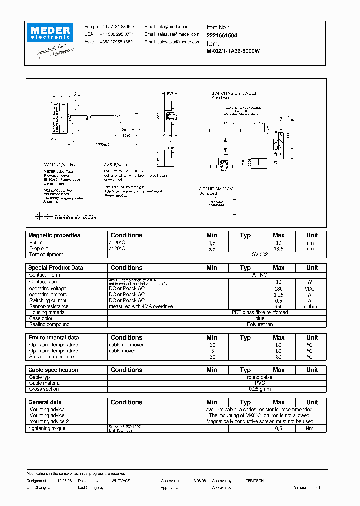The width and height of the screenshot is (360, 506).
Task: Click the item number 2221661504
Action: tap(222, 35)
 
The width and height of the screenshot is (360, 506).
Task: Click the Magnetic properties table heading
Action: tap(54, 235)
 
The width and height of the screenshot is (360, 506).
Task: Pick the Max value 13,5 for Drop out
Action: tap(279, 248)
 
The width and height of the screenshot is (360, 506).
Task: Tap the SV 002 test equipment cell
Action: tap(260, 255)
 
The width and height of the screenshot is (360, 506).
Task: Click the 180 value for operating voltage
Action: tap(279, 289)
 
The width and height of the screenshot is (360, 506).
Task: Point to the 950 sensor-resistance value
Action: tap(279, 307)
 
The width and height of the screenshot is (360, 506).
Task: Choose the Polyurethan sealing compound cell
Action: tap(260, 325)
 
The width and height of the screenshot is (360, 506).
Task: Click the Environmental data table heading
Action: tap(53, 338)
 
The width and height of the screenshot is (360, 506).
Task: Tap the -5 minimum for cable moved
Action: tap(212, 351)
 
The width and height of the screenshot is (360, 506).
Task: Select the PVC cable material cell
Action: tap(260, 383)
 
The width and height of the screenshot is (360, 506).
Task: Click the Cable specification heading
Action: tap(53, 370)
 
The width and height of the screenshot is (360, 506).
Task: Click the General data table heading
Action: tap(45, 402)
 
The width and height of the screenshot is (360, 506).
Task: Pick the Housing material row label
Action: tap(47, 313)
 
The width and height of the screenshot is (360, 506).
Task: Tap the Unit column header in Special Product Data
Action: tap(312, 268)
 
